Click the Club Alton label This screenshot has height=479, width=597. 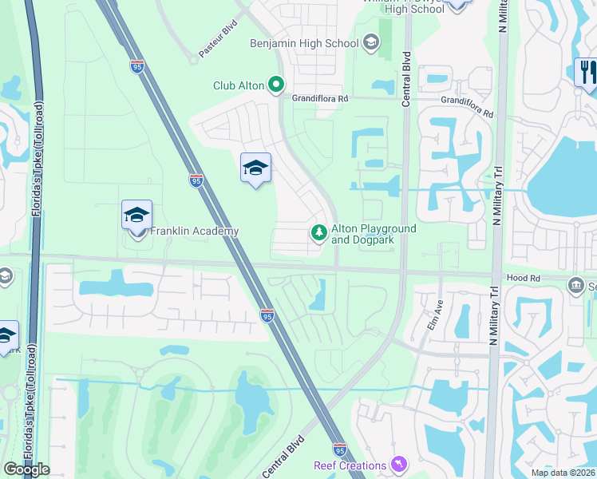239,85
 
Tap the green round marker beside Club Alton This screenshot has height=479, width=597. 276,84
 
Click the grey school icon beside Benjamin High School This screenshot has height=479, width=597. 370,42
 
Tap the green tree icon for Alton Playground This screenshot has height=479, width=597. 318,232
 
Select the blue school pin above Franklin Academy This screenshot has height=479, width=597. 137,216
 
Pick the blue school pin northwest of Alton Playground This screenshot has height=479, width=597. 255,168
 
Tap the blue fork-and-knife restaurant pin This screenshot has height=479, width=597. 586,72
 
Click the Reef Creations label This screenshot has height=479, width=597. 349,465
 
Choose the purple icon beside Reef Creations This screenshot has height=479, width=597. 397,464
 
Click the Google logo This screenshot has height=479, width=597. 27,469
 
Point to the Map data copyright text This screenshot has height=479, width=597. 563,473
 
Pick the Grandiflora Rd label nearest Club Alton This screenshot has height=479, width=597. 320,98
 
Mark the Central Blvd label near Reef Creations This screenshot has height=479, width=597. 283,455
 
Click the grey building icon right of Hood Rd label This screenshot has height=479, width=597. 575,285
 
